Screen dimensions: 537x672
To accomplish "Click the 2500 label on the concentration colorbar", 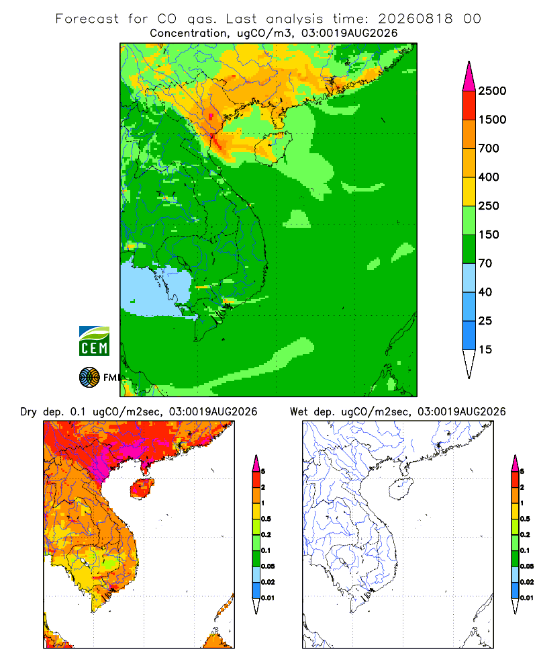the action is click(x=492, y=91).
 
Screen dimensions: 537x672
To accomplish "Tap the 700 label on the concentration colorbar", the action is click(x=489, y=149).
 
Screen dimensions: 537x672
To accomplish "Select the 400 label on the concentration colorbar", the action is click(x=489, y=177).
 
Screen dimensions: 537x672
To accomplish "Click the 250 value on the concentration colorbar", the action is click(x=489, y=206).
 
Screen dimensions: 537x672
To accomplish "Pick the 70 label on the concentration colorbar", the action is click(x=485, y=263).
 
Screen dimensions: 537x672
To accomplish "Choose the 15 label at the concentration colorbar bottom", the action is click(x=485, y=349).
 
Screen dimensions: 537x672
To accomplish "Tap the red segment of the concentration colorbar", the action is click(x=469, y=106).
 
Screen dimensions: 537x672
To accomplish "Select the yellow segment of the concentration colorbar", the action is click(x=469, y=192).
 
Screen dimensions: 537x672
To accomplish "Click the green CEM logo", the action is click(x=94, y=341).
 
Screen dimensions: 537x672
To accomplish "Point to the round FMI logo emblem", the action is click(x=89, y=378).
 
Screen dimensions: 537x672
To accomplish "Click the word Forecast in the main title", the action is click(x=87, y=19).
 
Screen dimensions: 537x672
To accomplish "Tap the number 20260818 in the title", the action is click(x=415, y=19).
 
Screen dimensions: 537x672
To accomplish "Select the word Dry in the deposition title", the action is click(x=29, y=412).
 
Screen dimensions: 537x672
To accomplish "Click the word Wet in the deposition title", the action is click(x=299, y=412).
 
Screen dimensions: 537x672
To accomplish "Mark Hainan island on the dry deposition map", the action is click(x=142, y=489).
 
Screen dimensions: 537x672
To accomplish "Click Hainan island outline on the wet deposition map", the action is click(x=401, y=489).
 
